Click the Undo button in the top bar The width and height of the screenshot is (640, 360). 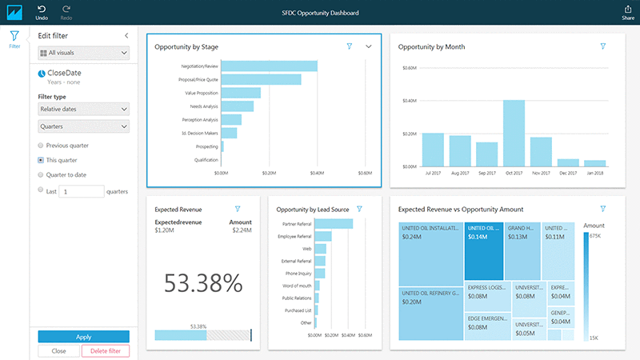click(x=41, y=12)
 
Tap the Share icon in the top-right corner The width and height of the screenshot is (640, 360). click(x=627, y=12)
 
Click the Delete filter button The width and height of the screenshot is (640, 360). click(x=105, y=351)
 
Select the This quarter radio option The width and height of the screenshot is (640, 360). click(x=41, y=160)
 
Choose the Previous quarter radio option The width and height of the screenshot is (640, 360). click(x=41, y=146)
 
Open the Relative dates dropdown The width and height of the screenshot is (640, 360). click(x=83, y=109)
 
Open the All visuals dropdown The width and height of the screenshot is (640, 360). click(x=83, y=53)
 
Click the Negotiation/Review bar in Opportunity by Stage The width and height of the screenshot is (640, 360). click(x=269, y=66)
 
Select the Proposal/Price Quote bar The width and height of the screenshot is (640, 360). click(x=261, y=79)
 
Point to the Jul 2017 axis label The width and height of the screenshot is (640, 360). click(x=433, y=173)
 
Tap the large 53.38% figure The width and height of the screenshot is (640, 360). click(x=203, y=282)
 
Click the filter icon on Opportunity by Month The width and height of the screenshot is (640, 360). click(x=603, y=47)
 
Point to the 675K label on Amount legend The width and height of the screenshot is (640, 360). click(x=594, y=237)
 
